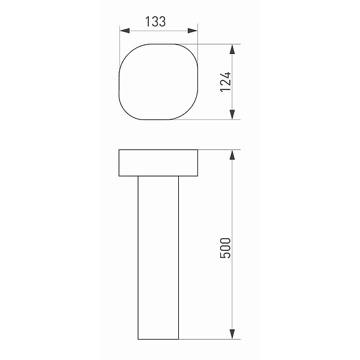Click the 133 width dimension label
[155, 22]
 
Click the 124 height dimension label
[226, 82]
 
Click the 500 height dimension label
[226, 248]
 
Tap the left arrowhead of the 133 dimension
[125, 31]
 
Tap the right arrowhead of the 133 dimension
[193, 31]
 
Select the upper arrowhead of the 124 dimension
[232, 49]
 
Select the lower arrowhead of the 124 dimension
[232, 115]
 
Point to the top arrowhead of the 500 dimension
[232, 155]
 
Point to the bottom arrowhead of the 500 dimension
[232, 334]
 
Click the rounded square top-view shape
[119, 82]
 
